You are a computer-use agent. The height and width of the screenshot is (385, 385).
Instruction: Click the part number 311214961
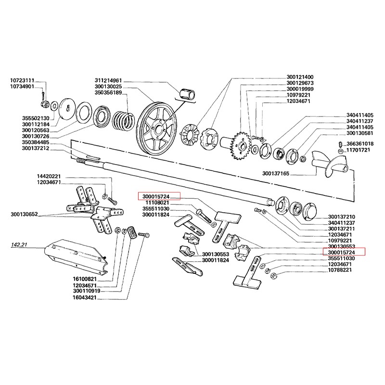coord(108,80)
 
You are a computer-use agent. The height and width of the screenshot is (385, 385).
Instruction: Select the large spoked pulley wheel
coord(156,128)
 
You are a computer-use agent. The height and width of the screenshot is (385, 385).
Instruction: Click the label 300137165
coord(276,173)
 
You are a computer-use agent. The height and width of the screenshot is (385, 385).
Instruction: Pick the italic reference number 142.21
coord(19,244)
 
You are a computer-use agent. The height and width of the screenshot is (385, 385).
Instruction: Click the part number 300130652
coord(25,214)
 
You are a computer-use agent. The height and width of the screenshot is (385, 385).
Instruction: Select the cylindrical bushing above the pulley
coord(187,94)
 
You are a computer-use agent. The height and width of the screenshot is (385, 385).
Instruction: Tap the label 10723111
coord(22,80)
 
